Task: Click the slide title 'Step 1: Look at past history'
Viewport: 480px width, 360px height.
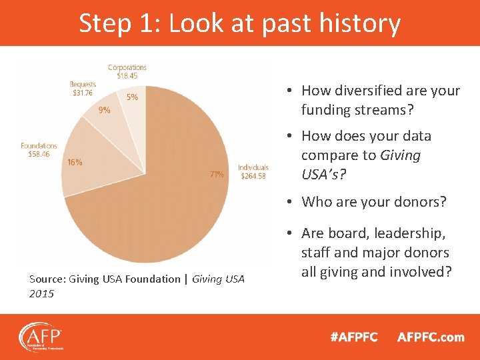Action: [x=239, y=23]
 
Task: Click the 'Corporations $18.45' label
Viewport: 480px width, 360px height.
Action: [x=127, y=71]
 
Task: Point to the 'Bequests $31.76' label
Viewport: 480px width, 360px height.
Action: [x=83, y=89]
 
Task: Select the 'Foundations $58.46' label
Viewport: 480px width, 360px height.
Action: [x=39, y=149]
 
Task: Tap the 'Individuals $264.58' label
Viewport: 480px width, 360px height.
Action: [x=253, y=171]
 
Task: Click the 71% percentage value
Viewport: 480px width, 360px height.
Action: [x=217, y=175]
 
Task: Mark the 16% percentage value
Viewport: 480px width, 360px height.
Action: [x=75, y=162]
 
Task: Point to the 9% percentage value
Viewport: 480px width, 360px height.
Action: [x=105, y=111]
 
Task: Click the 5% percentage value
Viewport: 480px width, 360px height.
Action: [x=132, y=97]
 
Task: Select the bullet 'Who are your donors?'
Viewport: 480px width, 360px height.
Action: [x=373, y=201]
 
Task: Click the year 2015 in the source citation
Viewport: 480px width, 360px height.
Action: [x=41, y=293]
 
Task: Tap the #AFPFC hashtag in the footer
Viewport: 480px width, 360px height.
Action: [x=353, y=337]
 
